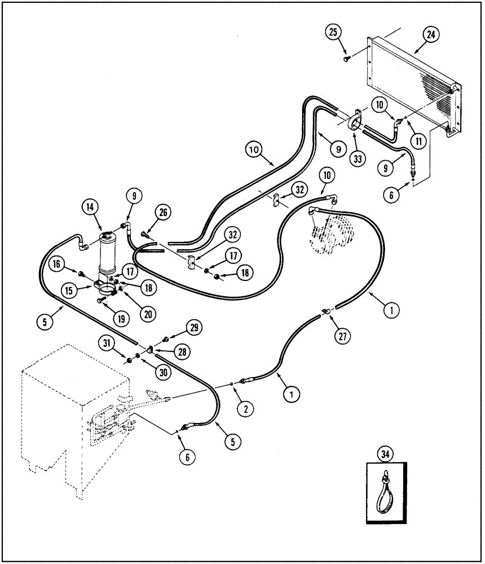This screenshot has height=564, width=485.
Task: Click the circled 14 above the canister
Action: pos(90,208)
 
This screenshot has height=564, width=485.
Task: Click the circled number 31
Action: pos(108,343)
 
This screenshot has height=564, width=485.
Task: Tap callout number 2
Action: pos(244,409)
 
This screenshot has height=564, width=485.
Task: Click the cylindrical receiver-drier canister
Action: pos(107,251)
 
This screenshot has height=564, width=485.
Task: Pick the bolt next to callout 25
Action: pos(345,56)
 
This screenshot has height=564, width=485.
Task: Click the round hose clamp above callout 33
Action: pos(355,121)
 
